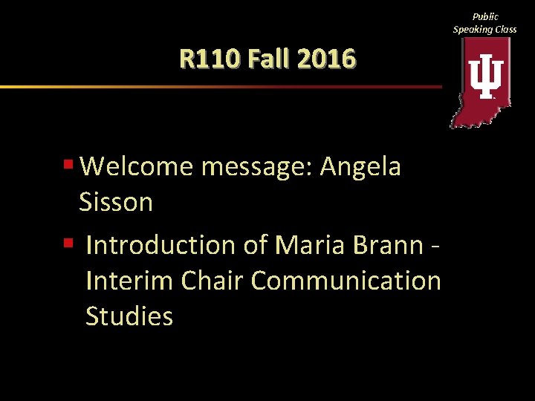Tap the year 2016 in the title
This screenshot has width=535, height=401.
[x=325, y=58]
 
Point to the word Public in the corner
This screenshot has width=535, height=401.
[x=485, y=16]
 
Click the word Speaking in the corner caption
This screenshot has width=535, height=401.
[x=474, y=29]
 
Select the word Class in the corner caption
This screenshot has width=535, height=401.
[x=506, y=29]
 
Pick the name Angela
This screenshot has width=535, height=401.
[x=360, y=167]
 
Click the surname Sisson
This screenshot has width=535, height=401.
[x=116, y=202]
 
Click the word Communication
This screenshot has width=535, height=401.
[x=346, y=281]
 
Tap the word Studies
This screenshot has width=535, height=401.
[x=129, y=316]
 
